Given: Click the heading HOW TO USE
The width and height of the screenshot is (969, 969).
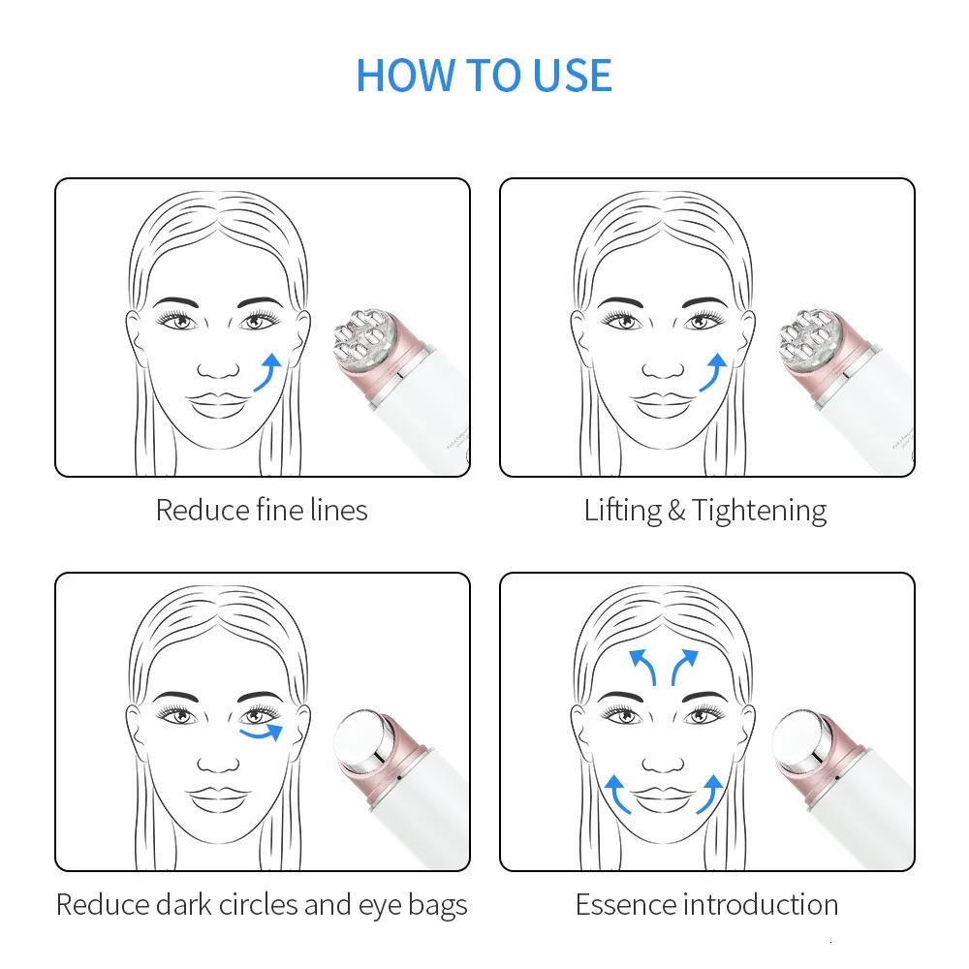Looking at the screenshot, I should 484,76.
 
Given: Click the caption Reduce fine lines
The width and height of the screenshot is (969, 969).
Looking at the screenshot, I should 262,510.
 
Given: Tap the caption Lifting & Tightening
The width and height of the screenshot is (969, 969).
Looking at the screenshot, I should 705,510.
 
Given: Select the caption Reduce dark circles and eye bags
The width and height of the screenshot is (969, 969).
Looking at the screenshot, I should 262,904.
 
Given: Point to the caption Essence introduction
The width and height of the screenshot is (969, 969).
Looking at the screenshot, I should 706,904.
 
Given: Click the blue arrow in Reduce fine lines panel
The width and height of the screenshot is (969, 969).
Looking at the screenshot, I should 267,373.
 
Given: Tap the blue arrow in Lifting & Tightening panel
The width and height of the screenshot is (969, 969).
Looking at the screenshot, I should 712,373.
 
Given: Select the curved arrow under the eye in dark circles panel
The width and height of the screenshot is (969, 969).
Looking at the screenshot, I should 262,733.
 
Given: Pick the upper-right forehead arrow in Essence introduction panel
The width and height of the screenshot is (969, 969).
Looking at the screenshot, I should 683,667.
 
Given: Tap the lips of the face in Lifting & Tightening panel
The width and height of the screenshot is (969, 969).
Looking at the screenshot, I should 664,402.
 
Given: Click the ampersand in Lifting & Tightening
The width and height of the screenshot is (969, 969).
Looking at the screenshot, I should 676,511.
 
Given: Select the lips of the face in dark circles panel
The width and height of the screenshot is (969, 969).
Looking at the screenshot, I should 219,797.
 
